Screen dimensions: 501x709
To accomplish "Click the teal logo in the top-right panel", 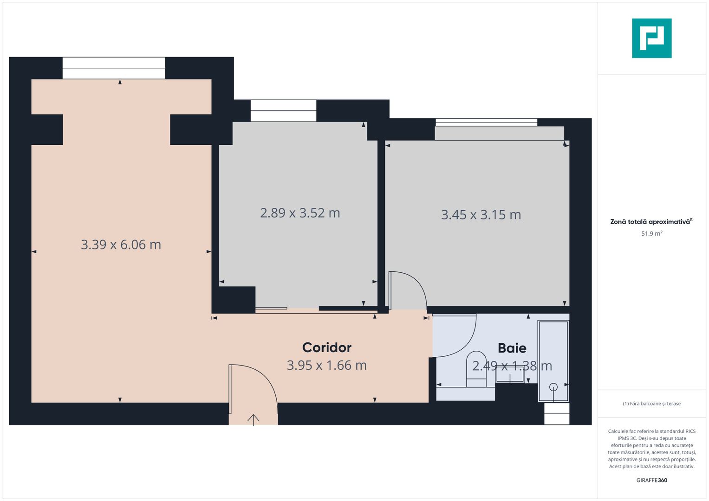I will click(x=651, y=38).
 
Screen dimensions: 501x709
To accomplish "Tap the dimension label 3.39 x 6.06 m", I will click(x=121, y=244).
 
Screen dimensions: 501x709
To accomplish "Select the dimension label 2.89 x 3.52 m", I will click(x=300, y=213).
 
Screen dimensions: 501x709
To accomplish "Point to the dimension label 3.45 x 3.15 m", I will click(x=481, y=215).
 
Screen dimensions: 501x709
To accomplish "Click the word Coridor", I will click(x=326, y=347).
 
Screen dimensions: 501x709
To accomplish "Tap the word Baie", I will click(x=512, y=348).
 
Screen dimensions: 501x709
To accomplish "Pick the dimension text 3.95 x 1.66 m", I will click(x=326, y=366).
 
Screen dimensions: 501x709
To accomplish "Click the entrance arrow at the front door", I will click(x=253, y=419).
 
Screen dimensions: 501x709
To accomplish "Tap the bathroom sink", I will click(x=510, y=374).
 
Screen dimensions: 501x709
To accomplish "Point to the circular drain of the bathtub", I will click(x=553, y=386).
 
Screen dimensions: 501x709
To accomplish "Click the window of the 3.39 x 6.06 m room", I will click(x=114, y=68).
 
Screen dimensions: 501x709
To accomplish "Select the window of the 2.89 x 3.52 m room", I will click(x=283, y=110).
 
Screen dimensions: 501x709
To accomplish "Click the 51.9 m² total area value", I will click(x=651, y=234).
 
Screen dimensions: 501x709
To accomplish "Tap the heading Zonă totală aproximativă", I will click(x=650, y=222).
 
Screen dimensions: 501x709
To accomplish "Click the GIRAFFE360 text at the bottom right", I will click(x=651, y=480).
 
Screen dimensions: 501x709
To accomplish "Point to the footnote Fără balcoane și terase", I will click(x=651, y=404).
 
